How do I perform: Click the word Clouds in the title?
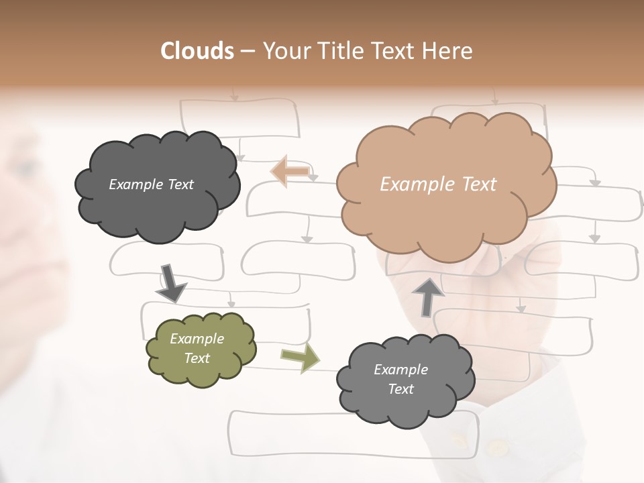197,51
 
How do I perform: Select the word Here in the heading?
447,51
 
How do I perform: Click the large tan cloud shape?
447,187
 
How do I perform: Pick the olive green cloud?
201,350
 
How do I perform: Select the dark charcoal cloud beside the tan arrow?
157,187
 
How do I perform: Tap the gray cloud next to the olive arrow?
405,381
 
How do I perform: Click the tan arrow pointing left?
290,172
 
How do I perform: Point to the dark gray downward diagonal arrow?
171,284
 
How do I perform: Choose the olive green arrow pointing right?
301,358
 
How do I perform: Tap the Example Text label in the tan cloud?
438,184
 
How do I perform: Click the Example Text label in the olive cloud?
197,348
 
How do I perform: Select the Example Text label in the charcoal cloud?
151,184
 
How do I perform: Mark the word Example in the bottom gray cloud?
401,370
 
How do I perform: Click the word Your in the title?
288,51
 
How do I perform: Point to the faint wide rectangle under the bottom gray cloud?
354,434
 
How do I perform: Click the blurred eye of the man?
25,168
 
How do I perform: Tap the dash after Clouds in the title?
248,52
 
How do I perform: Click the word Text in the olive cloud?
197,358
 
